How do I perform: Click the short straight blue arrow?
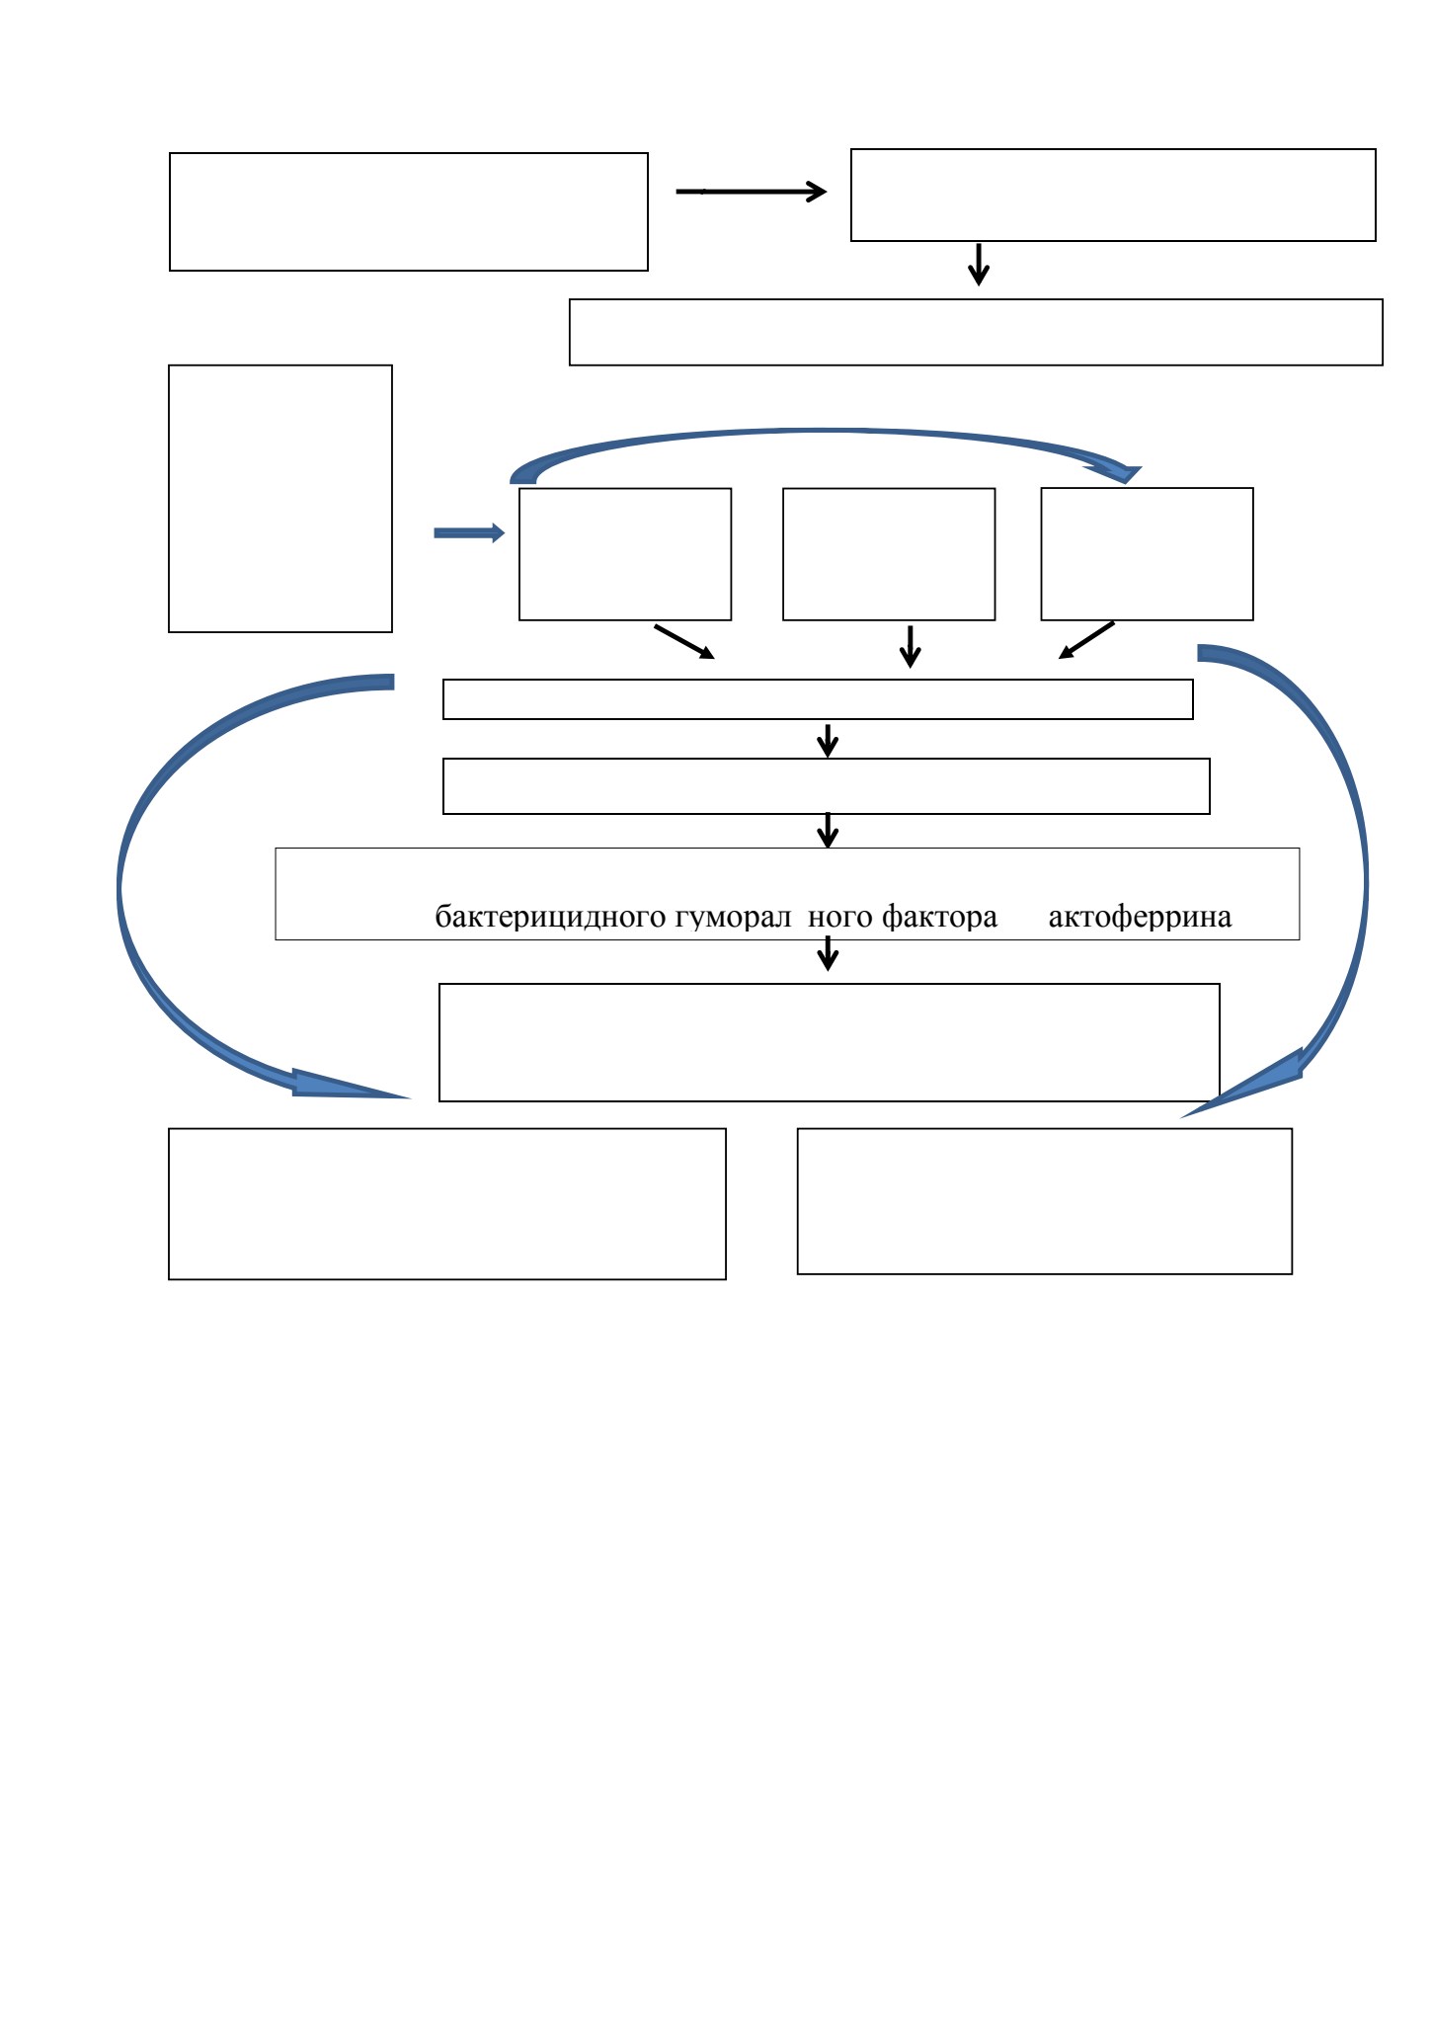coord(469,533)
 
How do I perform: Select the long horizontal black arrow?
coord(752,192)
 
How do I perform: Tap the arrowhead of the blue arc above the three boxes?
coord(1116,473)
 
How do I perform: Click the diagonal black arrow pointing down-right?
coord(684,641)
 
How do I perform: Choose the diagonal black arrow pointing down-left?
coord(1086,640)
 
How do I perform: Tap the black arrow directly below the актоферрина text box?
coord(829,954)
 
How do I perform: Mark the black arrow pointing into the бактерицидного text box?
coord(829,831)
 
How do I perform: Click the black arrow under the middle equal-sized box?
coord(911,646)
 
